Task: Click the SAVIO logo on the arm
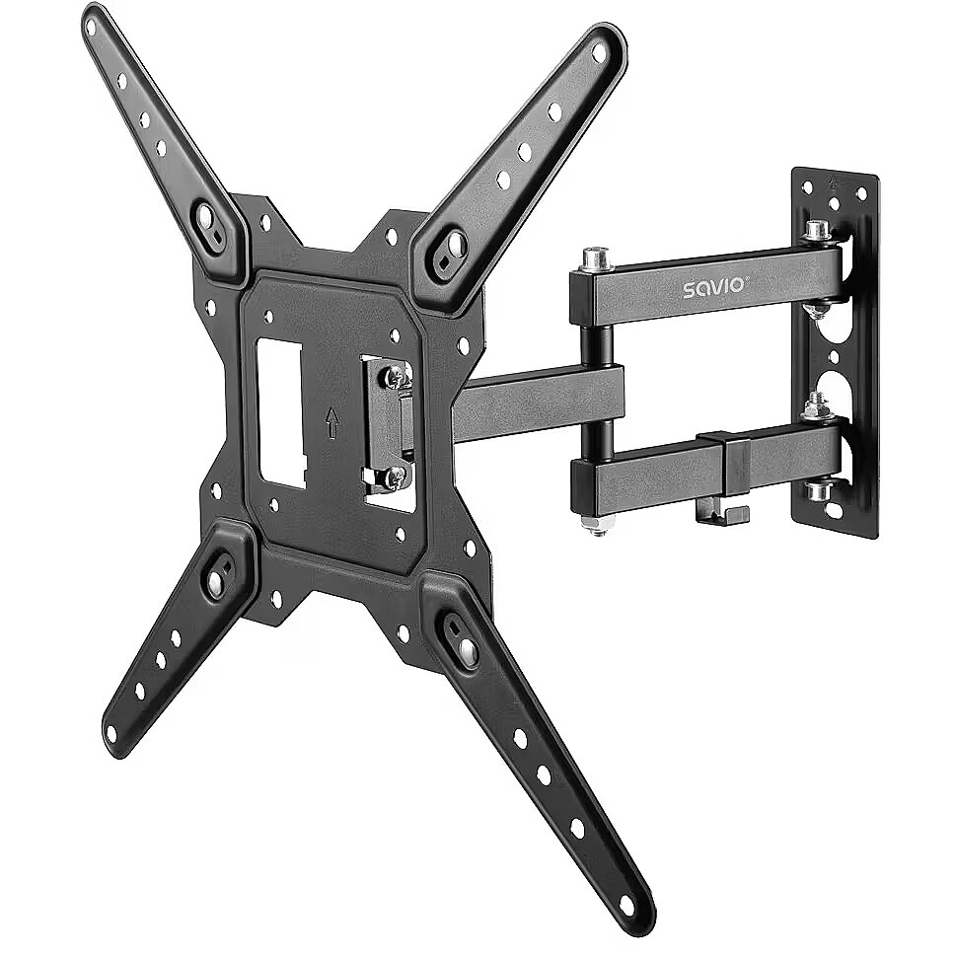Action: pos(712,286)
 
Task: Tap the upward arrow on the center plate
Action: pos(331,423)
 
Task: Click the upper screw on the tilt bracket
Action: pos(396,378)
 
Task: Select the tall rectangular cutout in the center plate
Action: pos(281,413)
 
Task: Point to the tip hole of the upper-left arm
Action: pos(91,27)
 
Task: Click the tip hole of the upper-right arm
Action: pos(599,53)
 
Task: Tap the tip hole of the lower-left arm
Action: pos(110,733)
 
